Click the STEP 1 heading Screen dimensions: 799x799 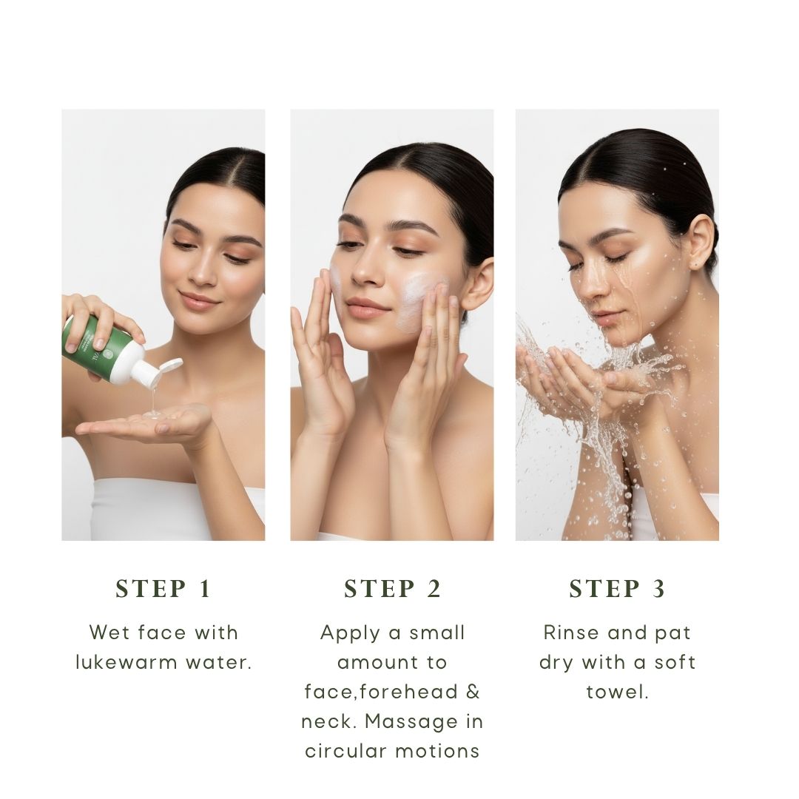coord(163,589)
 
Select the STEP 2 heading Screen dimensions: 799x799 coord(392,589)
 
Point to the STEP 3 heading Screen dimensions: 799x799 coord(617,589)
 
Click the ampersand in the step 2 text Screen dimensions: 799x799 coord(473,692)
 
